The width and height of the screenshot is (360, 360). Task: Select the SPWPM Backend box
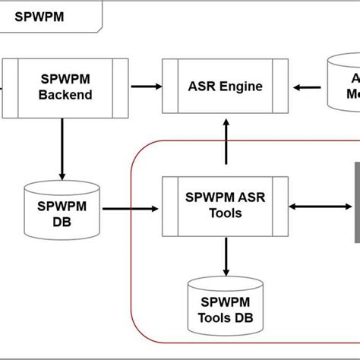[x=65, y=87]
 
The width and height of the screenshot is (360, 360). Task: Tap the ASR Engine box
[x=226, y=87]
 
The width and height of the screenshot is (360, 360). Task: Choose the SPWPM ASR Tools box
[x=226, y=205]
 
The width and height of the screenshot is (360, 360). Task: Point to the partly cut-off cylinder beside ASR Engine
[x=343, y=85]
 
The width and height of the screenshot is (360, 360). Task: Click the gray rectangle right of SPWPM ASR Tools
[x=355, y=204]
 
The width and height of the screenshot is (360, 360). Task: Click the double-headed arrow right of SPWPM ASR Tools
[x=319, y=205]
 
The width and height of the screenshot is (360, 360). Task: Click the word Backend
[x=65, y=95]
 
